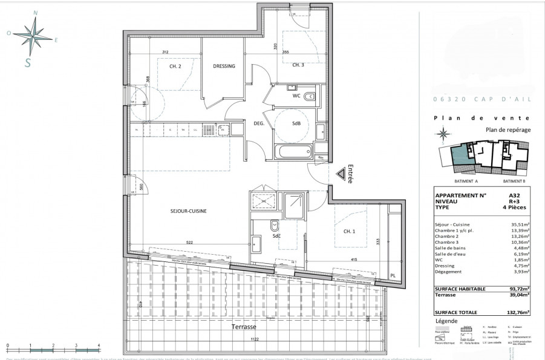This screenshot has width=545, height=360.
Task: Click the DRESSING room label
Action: coord(224,67)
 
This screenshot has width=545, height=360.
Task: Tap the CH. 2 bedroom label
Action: coord(175,67)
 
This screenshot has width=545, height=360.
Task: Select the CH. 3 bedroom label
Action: coord(298,65)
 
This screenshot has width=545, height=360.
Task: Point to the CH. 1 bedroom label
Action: coord(350,231)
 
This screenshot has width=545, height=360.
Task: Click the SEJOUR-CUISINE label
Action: coord(189,211)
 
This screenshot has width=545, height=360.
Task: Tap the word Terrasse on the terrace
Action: coord(245,327)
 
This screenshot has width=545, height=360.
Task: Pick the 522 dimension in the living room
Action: coord(189,243)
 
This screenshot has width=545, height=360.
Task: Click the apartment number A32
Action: coord(515,195)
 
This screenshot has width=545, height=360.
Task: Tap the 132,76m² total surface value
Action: coord(518,312)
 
